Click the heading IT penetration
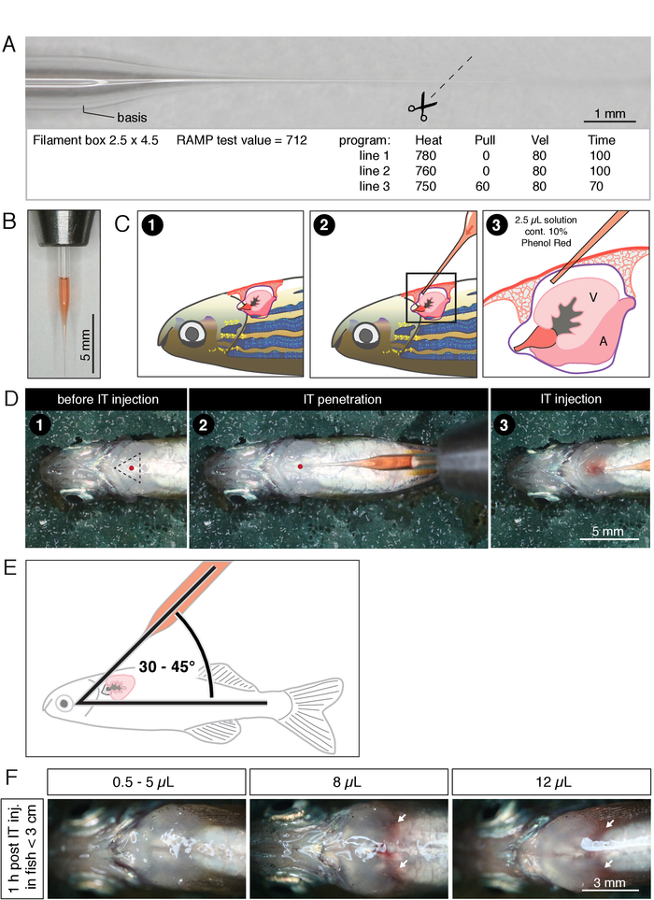point(339,400)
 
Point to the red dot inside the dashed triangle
point(132,466)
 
